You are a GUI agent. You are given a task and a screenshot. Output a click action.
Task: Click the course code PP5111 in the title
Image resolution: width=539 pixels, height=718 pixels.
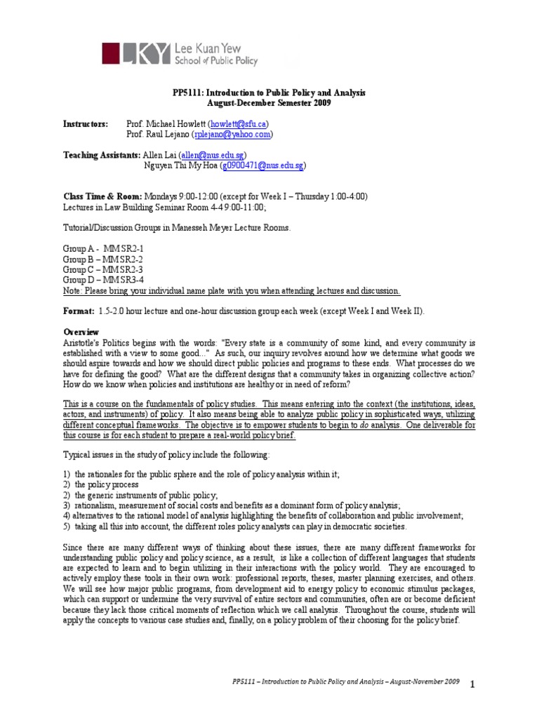(x=188, y=93)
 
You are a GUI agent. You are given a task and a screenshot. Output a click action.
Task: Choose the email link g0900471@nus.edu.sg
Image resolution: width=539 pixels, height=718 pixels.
(x=262, y=165)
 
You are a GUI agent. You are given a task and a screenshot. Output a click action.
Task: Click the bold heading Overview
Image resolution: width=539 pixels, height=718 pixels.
(x=81, y=332)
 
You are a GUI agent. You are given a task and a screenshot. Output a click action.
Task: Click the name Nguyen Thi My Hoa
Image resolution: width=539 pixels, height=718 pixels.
(x=180, y=165)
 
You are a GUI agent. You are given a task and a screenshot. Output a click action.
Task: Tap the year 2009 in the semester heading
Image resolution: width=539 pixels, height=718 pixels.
(x=317, y=103)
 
